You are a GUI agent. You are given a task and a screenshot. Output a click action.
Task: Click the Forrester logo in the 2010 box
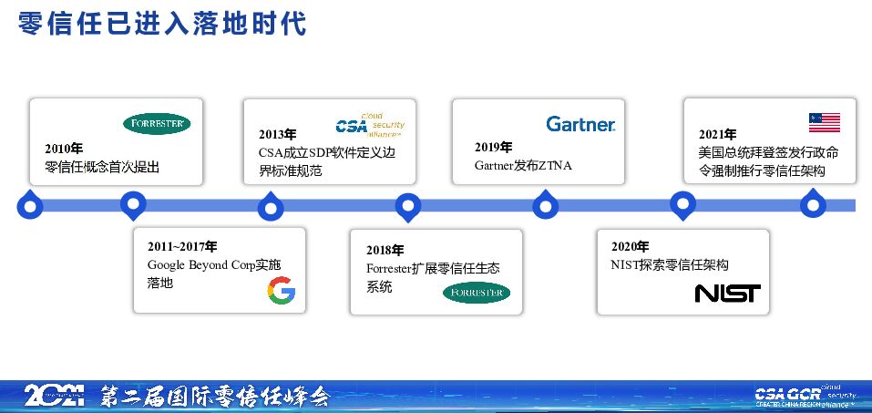(x=157, y=124)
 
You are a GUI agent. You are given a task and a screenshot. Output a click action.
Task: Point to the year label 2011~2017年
(x=182, y=246)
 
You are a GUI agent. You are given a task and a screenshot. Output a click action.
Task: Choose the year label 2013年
(x=277, y=134)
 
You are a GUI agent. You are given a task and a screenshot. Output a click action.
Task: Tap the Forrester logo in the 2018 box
(x=476, y=293)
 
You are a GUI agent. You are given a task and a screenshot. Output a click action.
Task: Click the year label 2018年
(x=385, y=250)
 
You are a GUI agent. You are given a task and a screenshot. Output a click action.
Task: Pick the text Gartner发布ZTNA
(x=523, y=166)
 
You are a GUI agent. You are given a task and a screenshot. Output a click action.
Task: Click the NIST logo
(x=727, y=293)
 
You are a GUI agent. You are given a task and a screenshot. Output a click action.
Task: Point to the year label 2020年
(x=630, y=246)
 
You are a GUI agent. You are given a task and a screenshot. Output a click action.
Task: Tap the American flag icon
(x=824, y=122)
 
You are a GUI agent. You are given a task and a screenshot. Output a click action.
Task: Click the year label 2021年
(x=718, y=134)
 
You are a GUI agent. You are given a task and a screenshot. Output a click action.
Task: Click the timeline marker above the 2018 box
(x=408, y=206)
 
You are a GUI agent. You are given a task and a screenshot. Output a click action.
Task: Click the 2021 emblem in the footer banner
(x=54, y=396)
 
